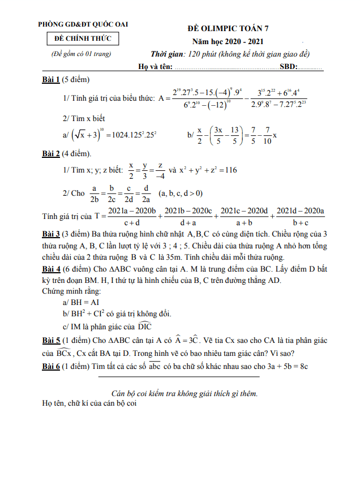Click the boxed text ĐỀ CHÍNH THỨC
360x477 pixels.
(x=83, y=38)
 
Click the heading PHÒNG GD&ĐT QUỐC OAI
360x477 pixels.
(x=83, y=24)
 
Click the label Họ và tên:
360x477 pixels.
(x=155, y=68)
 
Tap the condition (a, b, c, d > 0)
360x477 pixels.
(x=180, y=193)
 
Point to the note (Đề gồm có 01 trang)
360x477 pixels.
(x=79, y=54)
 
